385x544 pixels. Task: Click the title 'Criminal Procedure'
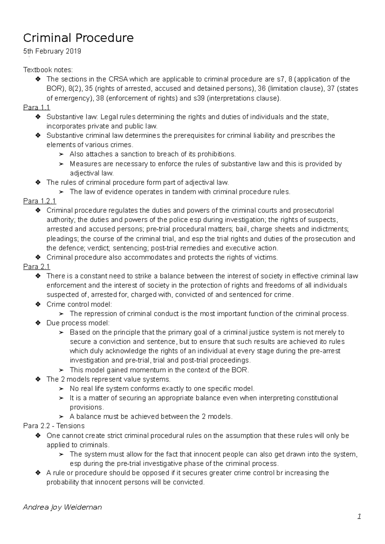pyautogui.click(x=78, y=38)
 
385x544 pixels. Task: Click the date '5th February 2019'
pyautogui.click(x=52, y=51)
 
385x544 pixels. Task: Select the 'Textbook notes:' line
pyautogui.click(x=48, y=70)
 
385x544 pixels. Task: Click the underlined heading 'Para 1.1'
pyautogui.click(x=37, y=108)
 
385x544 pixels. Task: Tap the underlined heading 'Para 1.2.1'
pyautogui.click(x=39, y=201)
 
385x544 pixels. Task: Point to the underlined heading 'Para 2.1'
pyautogui.click(x=37, y=267)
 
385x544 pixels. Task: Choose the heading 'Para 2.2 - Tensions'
pyautogui.click(x=54, y=426)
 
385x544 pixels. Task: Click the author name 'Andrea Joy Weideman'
pyautogui.click(x=63, y=507)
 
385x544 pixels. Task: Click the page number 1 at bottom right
pyautogui.click(x=359, y=516)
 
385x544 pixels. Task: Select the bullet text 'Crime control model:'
pyautogui.click(x=79, y=304)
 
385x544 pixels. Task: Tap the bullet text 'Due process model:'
pyautogui.click(x=78, y=323)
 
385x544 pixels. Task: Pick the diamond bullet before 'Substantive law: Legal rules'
pyautogui.click(x=38, y=117)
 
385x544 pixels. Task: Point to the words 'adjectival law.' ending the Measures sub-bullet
pyautogui.click(x=92, y=173)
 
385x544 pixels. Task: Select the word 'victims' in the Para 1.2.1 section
pyautogui.click(x=267, y=257)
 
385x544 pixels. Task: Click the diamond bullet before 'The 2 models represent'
pyautogui.click(x=38, y=379)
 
